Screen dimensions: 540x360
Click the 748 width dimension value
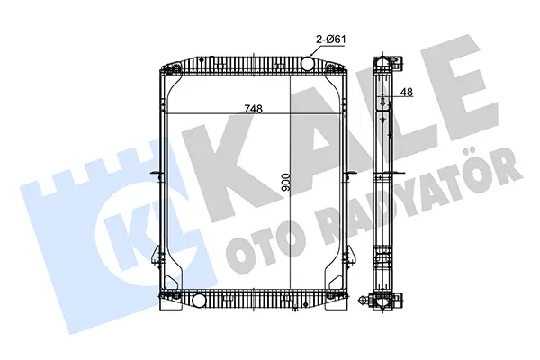pyautogui.click(x=254, y=109)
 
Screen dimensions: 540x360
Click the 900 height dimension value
pyautogui.click(x=286, y=182)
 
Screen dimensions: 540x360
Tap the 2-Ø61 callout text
pyautogui.click(x=330, y=40)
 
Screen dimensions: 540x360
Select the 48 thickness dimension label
pyautogui.click(x=407, y=92)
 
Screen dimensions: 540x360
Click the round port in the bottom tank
pyautogui.click(x=199, y=301)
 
